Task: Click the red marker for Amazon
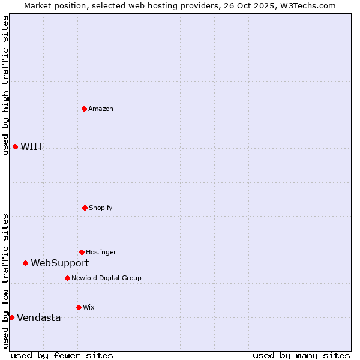click(x=84, y=109)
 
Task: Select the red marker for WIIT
click(x=15, y=146)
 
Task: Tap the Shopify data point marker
click(x=85, y=208)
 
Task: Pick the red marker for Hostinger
click(x=82, y=252)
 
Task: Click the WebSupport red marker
click(x=25, y=263)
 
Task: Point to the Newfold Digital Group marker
click(x=67, y=278)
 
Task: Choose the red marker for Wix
click(x=79, y=307)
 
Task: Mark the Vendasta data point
click(x=11, y=317)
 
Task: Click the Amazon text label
click(x=101, y=109)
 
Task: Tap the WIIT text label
click(x=32, y=146)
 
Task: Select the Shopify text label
click(x=101, y=208)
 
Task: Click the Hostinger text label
click(x=101, y=252)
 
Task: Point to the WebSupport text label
click(x=60, y=263)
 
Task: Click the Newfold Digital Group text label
click(x=106, y=278)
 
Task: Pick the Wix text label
click(x=89, y=307)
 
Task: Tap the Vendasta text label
click(x=39, y=317)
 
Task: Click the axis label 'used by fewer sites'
click(x=62, y=355)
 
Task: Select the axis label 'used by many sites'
click(x=301, y=355)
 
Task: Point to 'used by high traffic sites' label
click(x=5, y=86)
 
